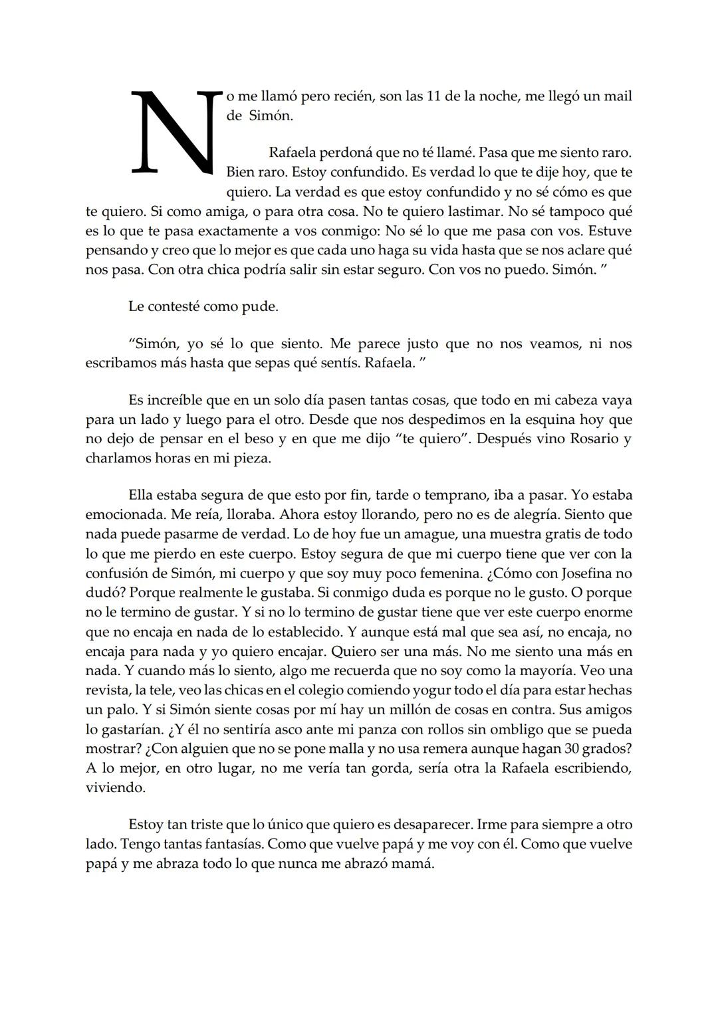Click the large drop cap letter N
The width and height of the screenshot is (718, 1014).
pos(175,132)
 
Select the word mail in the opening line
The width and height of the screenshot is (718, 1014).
pos(618,96)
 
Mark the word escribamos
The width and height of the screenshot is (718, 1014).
pos(119,363)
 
